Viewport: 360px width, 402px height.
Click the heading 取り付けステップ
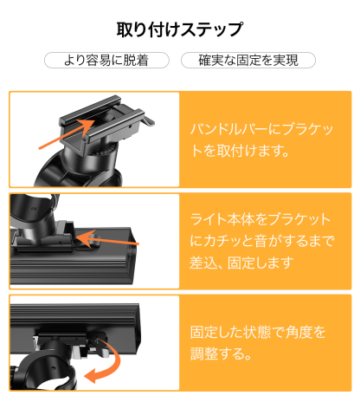coord(179,29)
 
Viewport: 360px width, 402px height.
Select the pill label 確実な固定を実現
coord(247,61)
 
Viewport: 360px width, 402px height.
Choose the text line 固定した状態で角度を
coord(260,332)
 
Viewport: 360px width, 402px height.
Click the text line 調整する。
coord(221,354)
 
